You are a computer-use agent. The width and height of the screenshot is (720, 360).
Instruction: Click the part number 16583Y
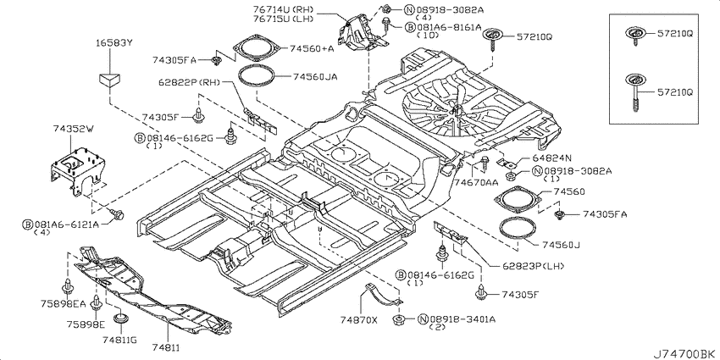(x=114, y=43)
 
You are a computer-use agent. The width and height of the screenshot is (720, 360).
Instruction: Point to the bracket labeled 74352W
(x=77, y=171)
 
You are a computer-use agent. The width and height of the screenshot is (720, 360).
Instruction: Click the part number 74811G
(x=119, y=340)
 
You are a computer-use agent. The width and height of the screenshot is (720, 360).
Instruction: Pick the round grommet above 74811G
(x=121, y=318)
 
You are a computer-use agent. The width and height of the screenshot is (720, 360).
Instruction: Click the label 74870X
(x=358, y=319)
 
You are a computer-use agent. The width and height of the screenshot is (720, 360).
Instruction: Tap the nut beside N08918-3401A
(x=398, y=319)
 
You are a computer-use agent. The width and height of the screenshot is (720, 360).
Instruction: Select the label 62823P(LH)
(x=526, y=266)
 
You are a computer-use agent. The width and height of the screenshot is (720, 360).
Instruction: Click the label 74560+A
(x=312, y=48)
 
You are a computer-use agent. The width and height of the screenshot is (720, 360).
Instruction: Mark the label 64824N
(x=551, y=158)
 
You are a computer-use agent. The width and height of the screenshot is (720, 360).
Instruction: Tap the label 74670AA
(x=476, y=182)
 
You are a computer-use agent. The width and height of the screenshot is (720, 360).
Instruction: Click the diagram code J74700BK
(x=684, y=354)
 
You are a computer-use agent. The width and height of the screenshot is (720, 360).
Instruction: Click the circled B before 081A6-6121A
(x=28, y=224)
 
